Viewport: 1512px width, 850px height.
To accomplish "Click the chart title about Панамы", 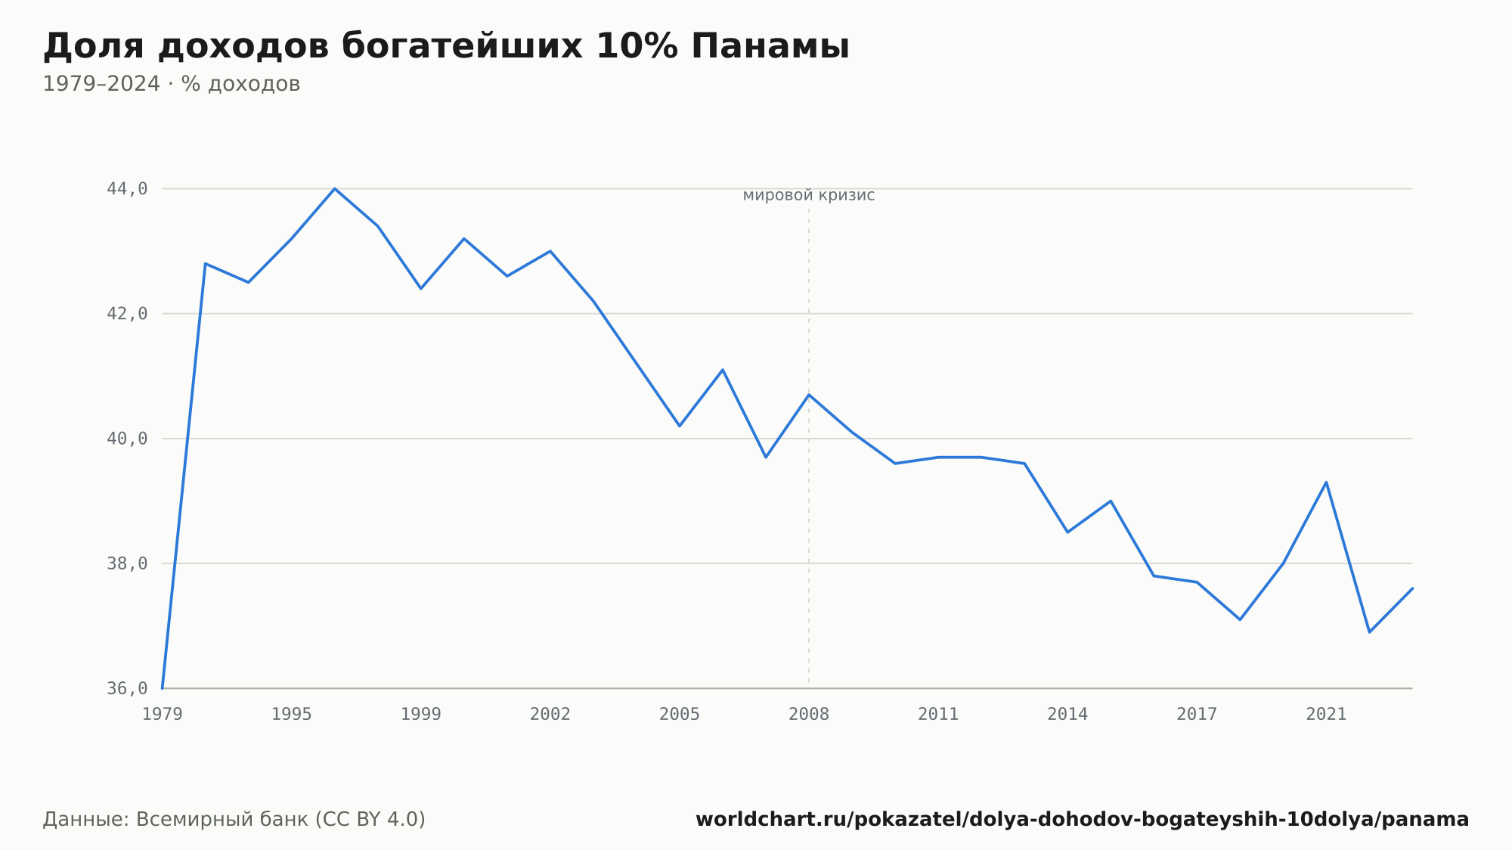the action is coord(446,47).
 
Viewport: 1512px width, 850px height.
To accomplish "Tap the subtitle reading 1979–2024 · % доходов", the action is coord(172,84).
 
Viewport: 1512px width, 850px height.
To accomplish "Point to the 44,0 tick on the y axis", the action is coord(127,189).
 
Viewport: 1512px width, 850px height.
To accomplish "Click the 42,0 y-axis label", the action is coord(127,314).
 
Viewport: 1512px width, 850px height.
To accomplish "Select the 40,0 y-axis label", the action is coord(127,439).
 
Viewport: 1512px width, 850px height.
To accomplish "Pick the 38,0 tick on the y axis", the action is coord(127,563).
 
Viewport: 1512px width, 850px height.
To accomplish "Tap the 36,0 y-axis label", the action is coord(127,688).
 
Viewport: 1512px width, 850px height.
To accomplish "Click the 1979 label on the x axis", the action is coord(163,715).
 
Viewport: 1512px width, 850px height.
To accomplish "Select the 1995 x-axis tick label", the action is coord(292,715).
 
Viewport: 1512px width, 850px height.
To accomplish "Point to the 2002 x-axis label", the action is coord(550,715).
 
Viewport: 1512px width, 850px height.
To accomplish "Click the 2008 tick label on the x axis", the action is coord(809,715).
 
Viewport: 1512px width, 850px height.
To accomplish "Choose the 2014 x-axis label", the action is coord(1067,715).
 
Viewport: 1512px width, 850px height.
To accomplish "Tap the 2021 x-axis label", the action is coord(1326,715).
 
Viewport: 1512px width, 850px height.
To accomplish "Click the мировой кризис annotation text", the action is coord(809,195).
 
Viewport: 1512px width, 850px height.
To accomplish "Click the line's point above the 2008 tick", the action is coord(809,395).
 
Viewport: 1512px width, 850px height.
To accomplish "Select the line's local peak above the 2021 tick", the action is coord(1326,482).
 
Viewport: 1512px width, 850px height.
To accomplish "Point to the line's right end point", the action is coord(1412,588).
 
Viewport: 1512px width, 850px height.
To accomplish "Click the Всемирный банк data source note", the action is coord(234,820).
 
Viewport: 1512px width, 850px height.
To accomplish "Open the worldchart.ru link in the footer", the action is coord(1083,820).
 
